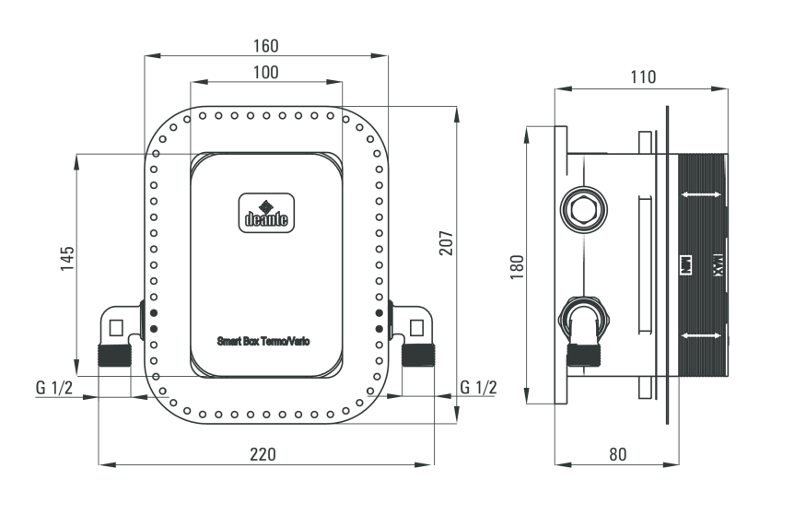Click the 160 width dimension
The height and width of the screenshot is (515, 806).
tap(265, 45)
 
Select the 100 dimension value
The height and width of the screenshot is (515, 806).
tap(265, 72)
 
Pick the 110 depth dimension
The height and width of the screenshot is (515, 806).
tap(642, 77)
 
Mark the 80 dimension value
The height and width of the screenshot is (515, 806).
tap(616, 453)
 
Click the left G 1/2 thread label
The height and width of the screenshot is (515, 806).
tap(54, 387)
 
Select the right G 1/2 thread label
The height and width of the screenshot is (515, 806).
tap(477, 387)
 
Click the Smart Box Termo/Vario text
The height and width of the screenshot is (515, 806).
tap(263, 341)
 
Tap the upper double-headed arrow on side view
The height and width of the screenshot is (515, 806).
tap(702, 194)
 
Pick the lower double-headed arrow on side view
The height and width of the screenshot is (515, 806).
tap(702, 336)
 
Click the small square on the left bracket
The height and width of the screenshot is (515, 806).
tap(115, 326)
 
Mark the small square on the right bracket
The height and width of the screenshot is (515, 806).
tap(416, 326)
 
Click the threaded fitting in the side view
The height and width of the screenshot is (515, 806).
tap(582, 354)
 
